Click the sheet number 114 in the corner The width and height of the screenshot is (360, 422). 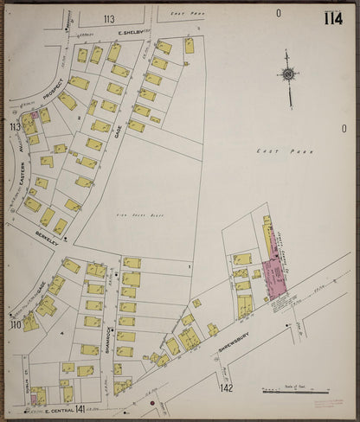pos(332,18)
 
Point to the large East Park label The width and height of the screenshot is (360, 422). pos(272,150)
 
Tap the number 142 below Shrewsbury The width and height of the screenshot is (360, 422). pos(227,388)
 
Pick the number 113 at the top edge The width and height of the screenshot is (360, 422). pos(108,18)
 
